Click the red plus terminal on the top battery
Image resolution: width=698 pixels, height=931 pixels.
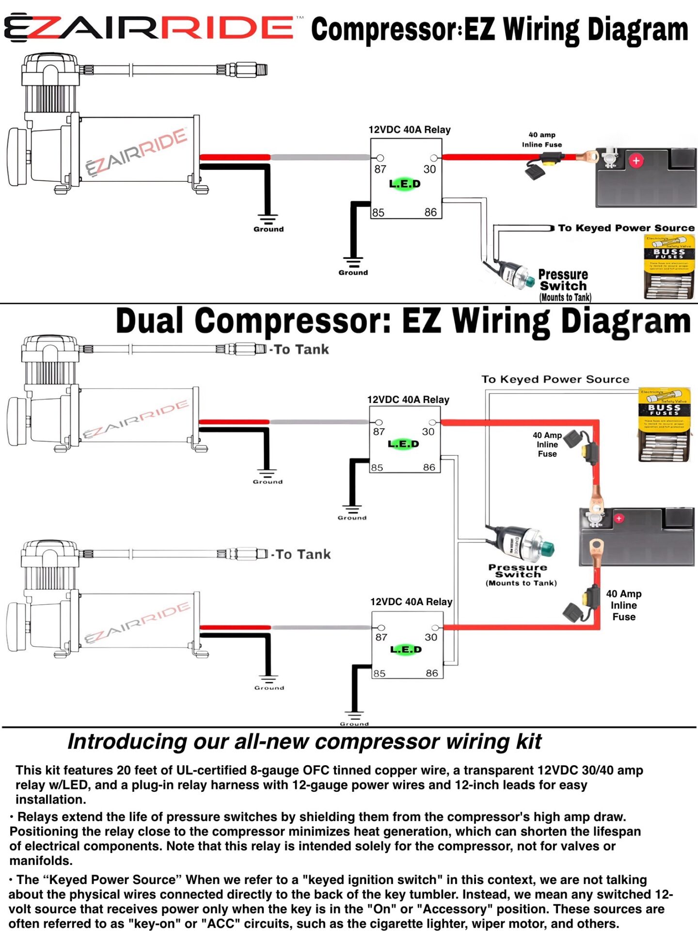pyautogui.click(x=636, y=161)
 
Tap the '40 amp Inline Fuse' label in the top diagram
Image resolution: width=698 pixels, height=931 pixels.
pyautogui.click(x=542, y=140)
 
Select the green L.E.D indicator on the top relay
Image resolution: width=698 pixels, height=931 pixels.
pyautogui.click(x=405, y=184)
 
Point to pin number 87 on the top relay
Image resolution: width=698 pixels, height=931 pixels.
pyautogui.click(x=381, y=169)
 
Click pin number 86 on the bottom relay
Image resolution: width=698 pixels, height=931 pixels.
pyautogui.click(x=431, y=673)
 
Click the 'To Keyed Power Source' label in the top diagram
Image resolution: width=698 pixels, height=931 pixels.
pyautogui.click(x=626, y=228)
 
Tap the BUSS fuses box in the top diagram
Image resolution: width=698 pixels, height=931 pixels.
pyautogui.click(x=669, y=266)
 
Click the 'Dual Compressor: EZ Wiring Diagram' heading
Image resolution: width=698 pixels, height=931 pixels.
pyautogui.click(x=403, y=321)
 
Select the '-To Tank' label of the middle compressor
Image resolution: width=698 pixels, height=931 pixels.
pyautogui.click(x=300, y=350)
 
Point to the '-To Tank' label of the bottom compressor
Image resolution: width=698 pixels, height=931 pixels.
pyautogui.click(x=301, y=554)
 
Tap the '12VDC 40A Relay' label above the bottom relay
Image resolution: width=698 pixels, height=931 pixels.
pyautogui.click(x=411, y=602)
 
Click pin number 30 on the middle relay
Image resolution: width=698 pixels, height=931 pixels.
pyautogui.click(x=428, y=432)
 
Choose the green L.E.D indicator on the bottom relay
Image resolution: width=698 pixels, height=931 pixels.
pyautogui.click(x=406, y=649)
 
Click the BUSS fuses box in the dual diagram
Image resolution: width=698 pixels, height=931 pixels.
pyautogui.click(x=664, y=424)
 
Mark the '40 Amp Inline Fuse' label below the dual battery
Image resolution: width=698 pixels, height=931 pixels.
pyautogui.click(x=624, y=605)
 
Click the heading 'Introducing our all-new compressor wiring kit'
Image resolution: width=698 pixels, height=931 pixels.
pyautogui.click(x=304, y=742)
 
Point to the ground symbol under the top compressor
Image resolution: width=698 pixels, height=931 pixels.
pyautogui.click(x=268, y=221)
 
